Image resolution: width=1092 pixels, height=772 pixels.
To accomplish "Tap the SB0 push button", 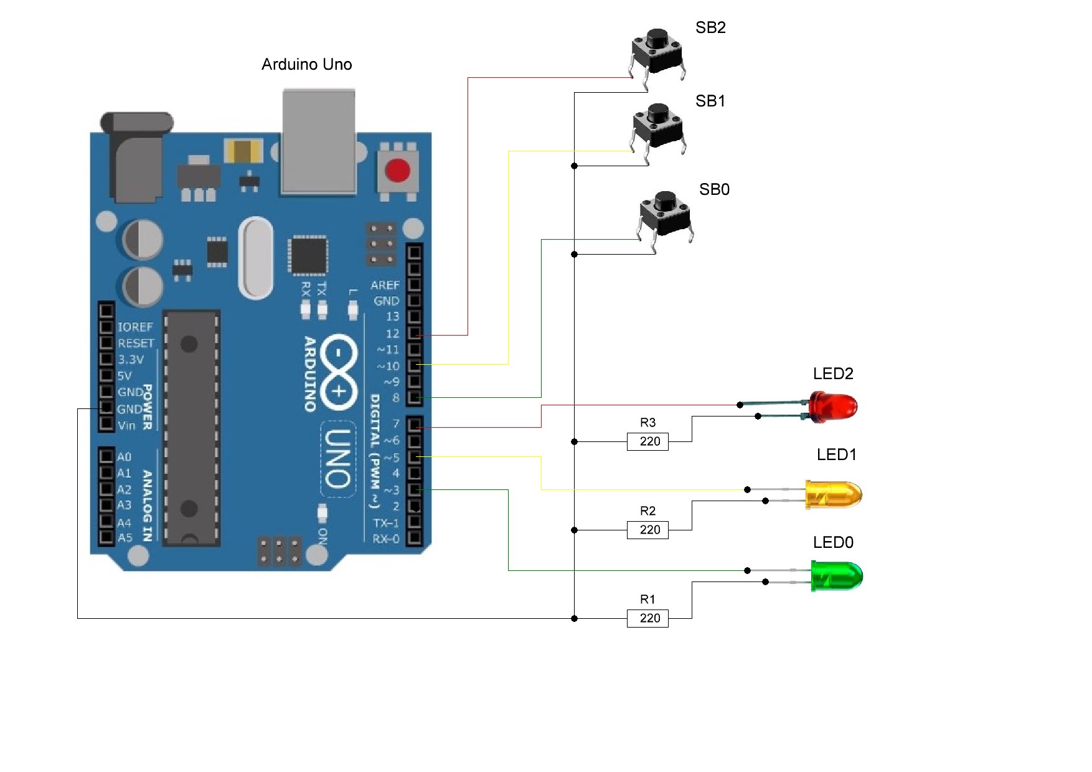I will (666, 215).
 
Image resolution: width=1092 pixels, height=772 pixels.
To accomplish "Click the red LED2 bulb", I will (834, 406).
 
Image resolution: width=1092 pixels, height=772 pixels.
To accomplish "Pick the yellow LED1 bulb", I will (834, 494).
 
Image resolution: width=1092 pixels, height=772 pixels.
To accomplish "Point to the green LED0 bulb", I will (837, 576).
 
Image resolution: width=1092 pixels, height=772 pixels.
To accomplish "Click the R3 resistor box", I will (647, 441).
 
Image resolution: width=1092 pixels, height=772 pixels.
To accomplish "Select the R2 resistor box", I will (647, 530).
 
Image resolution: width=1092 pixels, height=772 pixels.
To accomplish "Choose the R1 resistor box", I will (647, 618).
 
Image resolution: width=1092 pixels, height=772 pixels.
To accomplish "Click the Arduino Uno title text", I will (306, 65).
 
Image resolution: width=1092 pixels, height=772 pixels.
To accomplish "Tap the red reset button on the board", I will (398, 170).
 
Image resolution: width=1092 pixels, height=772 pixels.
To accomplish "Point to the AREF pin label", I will (385, 285).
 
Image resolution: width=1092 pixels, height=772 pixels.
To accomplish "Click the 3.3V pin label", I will (131, 359).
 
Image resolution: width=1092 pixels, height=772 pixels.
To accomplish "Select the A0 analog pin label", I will (125, 457).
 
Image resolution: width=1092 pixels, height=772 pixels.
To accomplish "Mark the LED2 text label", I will (833, 374).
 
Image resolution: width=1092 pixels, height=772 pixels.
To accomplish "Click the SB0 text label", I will (714, 189).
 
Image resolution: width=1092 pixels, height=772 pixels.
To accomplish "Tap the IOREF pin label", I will (134, 327).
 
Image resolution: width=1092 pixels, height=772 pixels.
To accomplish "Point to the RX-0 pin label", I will (386, 539).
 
